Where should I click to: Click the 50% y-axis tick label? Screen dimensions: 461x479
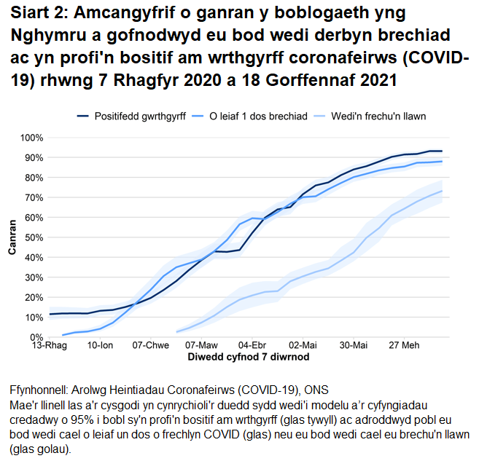click(34, 237)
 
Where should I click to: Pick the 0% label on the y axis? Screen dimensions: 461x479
click(36, 337)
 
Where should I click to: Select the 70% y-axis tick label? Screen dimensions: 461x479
click(34, 197)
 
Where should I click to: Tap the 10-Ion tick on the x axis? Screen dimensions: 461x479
click(101, 346)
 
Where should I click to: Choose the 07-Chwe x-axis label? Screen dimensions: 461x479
click(151, 346)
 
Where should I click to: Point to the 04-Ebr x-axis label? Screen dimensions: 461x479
click(252, 346)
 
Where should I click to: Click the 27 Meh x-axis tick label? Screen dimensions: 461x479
click(402, 346)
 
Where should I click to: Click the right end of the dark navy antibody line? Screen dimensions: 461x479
click(442, 151)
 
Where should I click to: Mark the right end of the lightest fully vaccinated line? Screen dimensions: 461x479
click(442, 192)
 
